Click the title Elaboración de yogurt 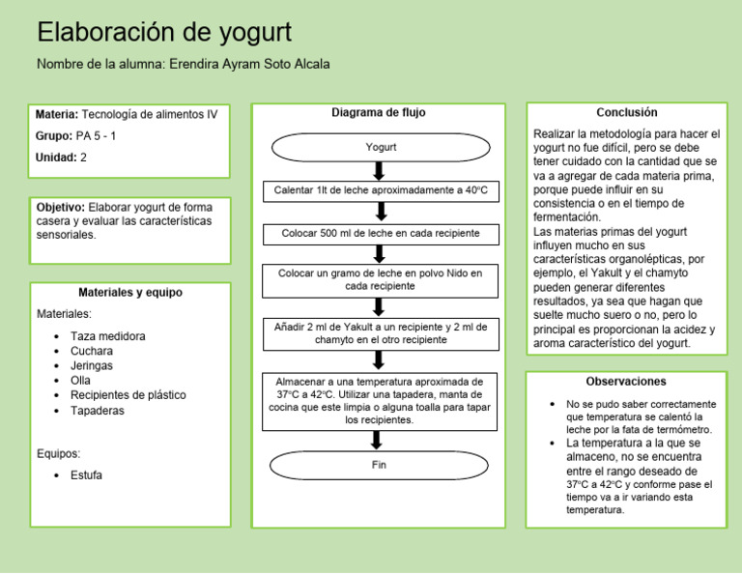[164, 32]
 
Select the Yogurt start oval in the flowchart [381, 147]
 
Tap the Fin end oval [379, 465]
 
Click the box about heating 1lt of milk [381, 190]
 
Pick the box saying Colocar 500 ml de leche [381, 234]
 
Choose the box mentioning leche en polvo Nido [381, 280]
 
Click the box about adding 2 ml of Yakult [381, 333]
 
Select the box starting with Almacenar [381, 401]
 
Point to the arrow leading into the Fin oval [378, 440]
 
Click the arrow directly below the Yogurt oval [379, 170]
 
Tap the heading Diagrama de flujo [379, 113]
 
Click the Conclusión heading [627, 113]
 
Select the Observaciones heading [626, 382]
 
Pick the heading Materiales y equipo [130, 293]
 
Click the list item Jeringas [92, 366]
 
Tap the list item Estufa [86, 475]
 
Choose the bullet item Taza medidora [108, 336]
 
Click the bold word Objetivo [60, 207]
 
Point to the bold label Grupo [53, 136]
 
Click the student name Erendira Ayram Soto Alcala [249, 65]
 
